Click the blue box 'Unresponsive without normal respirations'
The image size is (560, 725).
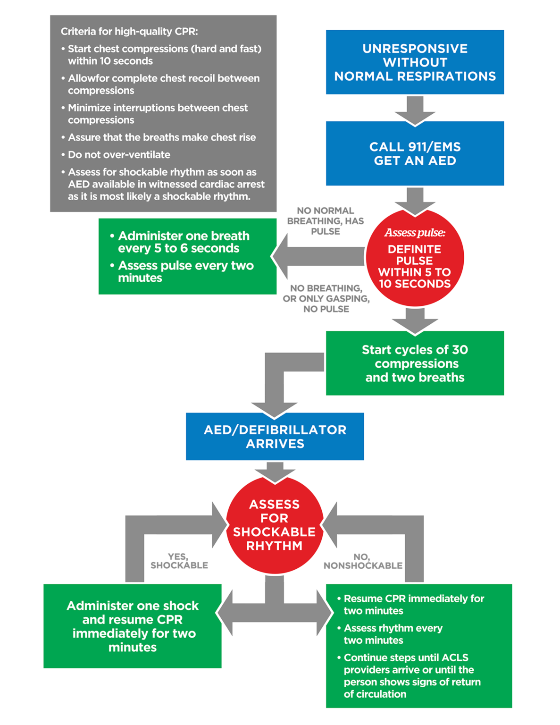click(415, 62)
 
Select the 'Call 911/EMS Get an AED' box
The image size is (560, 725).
click(415, 153)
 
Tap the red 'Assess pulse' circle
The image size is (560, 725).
click(415, 259)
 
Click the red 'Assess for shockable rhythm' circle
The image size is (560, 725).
click(275, 525)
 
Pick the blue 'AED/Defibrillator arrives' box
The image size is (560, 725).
click(275, 437)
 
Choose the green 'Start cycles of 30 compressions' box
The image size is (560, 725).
click(415, 363)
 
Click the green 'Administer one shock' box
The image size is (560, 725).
click(132, 626)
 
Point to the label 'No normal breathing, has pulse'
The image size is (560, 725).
click(326, 221)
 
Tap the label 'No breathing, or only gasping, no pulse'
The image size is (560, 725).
click(326, 298)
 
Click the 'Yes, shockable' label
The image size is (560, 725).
click(179, 561)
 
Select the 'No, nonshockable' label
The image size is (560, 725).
click(363, 561)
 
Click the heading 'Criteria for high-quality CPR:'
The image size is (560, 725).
click(129, 32)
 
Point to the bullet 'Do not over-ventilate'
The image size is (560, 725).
click(119, 155)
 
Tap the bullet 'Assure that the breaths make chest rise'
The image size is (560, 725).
click(162, 137)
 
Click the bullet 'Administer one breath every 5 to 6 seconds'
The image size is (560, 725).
click(184, 242)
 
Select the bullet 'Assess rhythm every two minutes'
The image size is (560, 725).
click(393, 634)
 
